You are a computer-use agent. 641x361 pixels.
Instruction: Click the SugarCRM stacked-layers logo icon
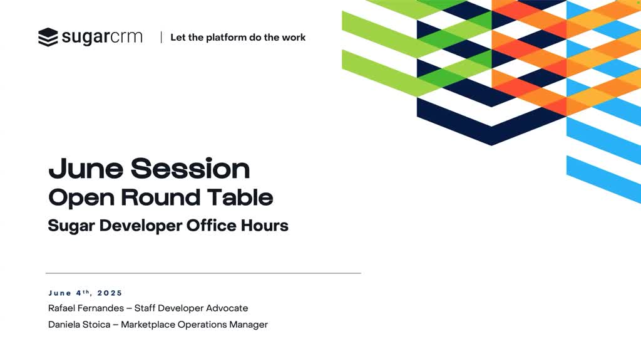coord(48,37)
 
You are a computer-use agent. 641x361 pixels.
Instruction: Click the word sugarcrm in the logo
coord(102,37)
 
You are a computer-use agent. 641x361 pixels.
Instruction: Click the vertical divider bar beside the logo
coord(161,37)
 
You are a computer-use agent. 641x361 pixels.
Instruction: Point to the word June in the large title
coord(86,168)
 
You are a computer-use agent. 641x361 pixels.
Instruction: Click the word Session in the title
coord(190,168)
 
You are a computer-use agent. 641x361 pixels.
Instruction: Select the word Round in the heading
coord(161,197)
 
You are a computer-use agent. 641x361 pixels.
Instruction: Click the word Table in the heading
coord(240,197)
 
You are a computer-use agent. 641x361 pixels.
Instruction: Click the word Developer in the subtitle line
coord(140,226)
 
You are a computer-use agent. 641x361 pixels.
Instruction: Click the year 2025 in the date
coord(110,293)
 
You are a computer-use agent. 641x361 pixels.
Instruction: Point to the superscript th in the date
coord(86,291)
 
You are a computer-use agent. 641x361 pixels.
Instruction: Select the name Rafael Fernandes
coord(86,308)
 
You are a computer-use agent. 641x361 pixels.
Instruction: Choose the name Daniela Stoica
coord(79,325)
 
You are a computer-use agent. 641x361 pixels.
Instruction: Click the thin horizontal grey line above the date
coord(203,273)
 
